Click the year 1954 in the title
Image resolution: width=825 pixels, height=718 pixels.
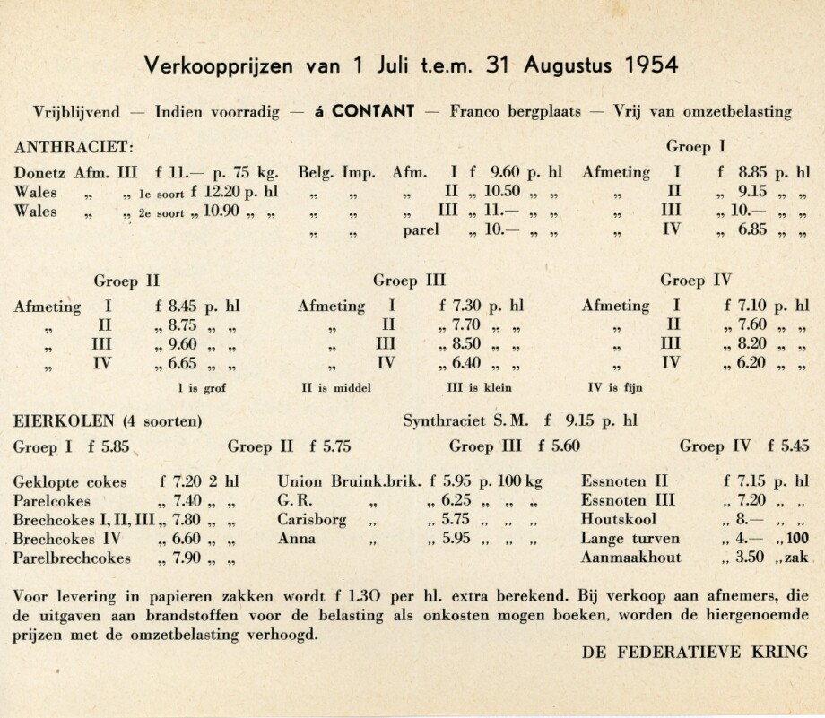[x=641, y=65]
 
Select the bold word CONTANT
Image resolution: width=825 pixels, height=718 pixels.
[x=372, y=112]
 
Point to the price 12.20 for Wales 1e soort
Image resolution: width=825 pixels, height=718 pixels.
[x=215, y=192]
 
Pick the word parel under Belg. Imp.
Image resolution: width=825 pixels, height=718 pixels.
[x=422, y=231]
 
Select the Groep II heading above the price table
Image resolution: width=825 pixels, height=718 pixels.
[x=127, y=280]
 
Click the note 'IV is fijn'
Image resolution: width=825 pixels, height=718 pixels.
[x=615, y=388]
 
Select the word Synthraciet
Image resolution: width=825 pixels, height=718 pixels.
[x=446, y=420]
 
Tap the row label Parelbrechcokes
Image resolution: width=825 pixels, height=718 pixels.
[x=73, y=558]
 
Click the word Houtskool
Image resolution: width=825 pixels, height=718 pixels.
[x=619, y=520]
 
